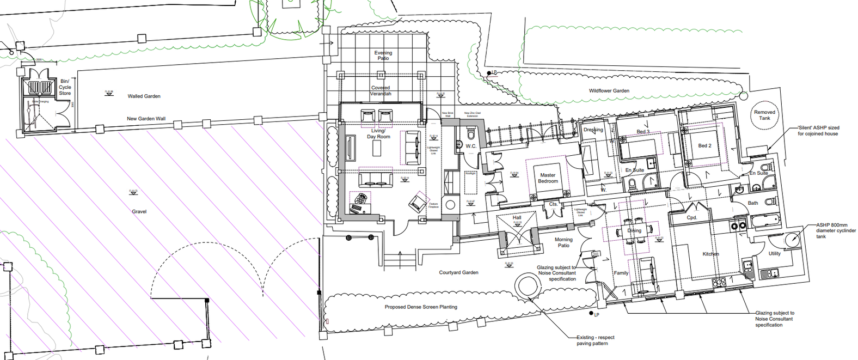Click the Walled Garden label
click(144, 96)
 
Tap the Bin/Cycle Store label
click(65, 87)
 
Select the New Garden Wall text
click(146, 119)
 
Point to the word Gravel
click(139, 212)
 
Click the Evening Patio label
click(383, 56)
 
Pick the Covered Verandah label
click(381, 91)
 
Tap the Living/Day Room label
click(378, 134)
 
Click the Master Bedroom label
click(548, 178)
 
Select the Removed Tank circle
click(764, 115)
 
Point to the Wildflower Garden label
click(609, 91)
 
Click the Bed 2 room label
click(704, 146)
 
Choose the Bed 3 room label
click(643, 132)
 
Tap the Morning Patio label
click(563, 242)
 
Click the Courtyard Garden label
click(458, 272)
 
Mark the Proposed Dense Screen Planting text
click(421, 307)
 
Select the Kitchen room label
click(710, 254)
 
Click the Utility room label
click(774, 254)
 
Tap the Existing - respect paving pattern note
click(595, 340)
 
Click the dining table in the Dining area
click(634, 230)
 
